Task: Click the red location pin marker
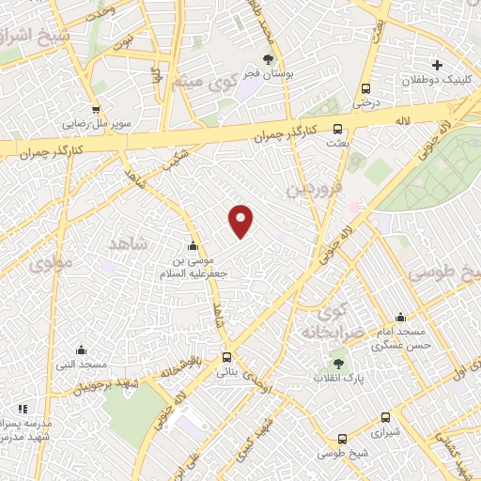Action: (241, 219)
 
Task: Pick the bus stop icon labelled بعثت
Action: (338, 131)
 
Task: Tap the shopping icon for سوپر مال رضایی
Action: (96, 109)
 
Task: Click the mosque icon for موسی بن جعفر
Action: (194, 246)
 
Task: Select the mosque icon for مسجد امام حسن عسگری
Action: (401, 318)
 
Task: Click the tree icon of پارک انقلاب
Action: (338, 364)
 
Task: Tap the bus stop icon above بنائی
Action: (226, 357)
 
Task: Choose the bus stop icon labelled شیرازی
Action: (385, 418)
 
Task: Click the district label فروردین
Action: (311, 192)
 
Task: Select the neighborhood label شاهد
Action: (129, 243)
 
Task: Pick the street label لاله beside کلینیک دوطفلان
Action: (404, 120)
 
